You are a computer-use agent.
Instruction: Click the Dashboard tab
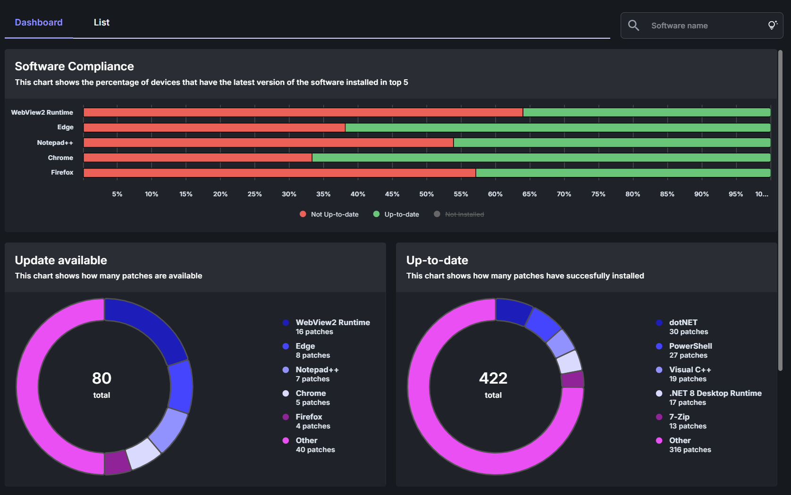point(39,23)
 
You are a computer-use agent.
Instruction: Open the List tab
point(101,23)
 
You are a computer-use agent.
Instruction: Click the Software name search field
point(703,26)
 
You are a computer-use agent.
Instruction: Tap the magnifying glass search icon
point(633,25)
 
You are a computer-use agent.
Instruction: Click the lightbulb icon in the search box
point(772,25)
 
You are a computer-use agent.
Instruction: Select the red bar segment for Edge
point(214,127)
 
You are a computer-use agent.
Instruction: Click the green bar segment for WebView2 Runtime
point(647,112)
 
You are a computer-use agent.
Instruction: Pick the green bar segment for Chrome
point(541,158)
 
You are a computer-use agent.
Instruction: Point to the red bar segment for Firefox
point(279,173)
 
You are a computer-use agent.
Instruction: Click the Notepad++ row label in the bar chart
point(55,143)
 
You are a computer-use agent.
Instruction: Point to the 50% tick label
point(426,194)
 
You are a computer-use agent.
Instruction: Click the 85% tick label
point(667,194)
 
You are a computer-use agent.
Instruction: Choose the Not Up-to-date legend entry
point(329,214)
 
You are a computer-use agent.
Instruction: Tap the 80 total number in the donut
point(101,378)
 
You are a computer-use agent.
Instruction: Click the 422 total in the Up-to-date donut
point(493,378)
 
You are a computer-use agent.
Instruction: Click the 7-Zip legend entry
point(680,421)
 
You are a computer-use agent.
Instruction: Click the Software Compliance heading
point(74,67)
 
